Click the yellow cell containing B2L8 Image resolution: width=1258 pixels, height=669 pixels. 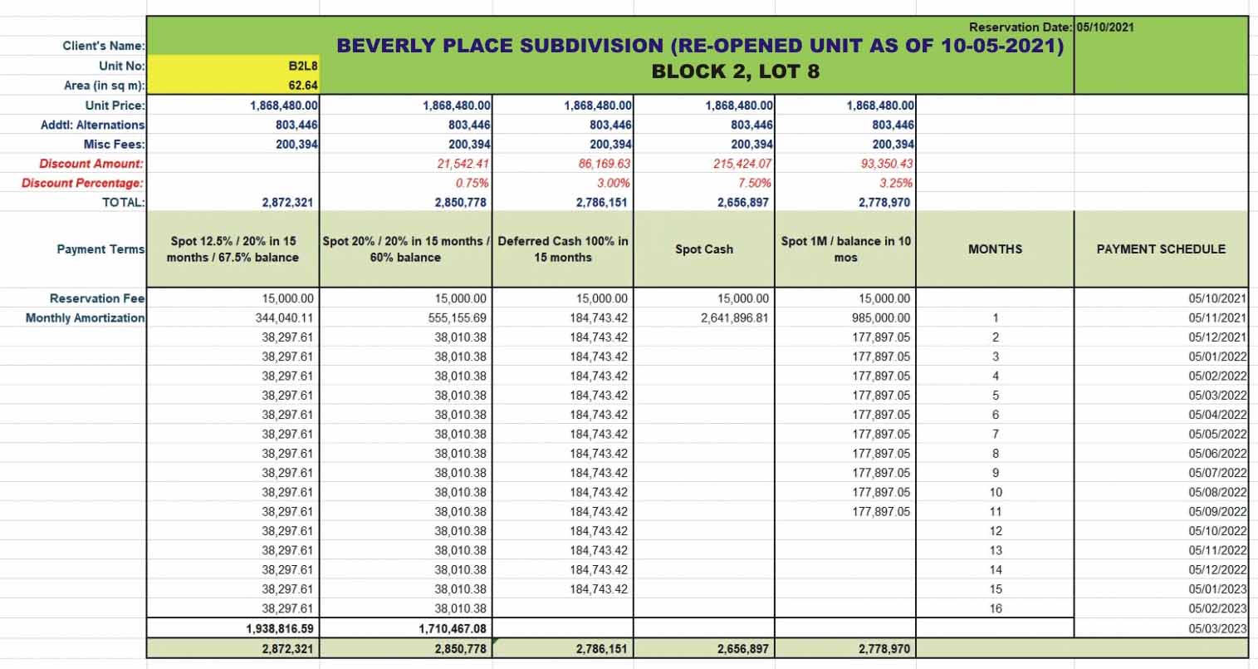[x=233, y=66]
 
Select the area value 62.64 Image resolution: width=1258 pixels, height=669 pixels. [x=303, y=86]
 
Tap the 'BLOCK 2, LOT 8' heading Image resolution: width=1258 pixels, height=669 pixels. [x=735, y=71]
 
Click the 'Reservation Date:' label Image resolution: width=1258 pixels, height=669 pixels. [x=1021, y=27]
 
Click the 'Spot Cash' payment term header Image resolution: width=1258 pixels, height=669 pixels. [x=703, y=249]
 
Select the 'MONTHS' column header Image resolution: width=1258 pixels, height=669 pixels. [x=995, y=249]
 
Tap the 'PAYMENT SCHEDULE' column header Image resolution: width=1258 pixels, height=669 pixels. [x=1161, y=249]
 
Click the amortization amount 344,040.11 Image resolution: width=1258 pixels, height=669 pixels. [x=284, y=317]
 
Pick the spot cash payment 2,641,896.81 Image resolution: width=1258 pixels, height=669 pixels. [x=734, y=317]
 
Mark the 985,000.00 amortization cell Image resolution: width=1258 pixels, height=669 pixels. [x=880, y=317]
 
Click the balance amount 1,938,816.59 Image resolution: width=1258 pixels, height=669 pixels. [x=280, y=628]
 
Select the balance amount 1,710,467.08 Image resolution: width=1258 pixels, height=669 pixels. [x=453, y=628]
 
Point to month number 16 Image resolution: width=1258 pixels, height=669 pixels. [x=995, y=608]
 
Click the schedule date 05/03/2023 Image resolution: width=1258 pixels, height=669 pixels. [x=1217, y=628]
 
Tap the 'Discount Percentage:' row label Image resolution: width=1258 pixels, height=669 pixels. [x=82, y=183]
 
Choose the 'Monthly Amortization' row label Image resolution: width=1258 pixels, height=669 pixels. [x=85, y=317]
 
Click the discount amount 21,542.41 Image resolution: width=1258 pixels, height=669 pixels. [x=463, y=164]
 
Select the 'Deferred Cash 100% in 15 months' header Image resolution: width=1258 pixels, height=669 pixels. [x=563, y=249]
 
